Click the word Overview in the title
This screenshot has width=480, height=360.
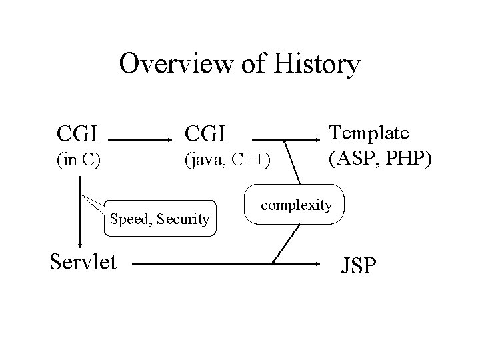pos(173,65)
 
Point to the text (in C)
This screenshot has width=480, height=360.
pos(79,162)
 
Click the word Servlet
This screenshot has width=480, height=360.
pos(84,261)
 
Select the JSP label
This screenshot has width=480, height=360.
pos(359,267)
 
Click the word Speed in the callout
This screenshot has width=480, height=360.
pos(130,218)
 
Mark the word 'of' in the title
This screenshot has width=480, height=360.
pos(246,65)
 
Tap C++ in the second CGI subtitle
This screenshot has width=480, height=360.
pos(254,162)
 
